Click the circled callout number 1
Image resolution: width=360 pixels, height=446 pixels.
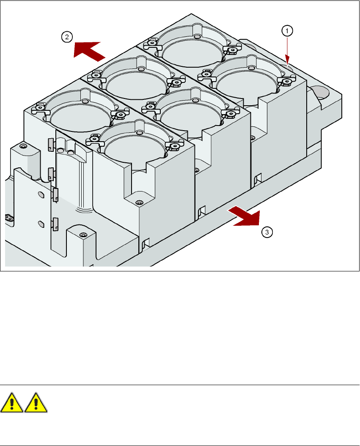[x=287, y=31]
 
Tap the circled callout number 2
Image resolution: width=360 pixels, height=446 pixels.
[x=67, y=37]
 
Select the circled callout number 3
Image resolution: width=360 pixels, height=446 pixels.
[x=267, y=232]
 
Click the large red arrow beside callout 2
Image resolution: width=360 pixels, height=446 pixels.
[x=89, y=51]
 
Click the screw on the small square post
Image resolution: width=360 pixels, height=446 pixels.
[x=83, y=235]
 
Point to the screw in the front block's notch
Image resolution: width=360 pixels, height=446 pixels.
[x=139, y=203]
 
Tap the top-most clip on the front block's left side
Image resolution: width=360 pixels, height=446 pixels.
[x=51, y=144]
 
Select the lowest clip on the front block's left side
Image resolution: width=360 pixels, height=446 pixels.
[x=55, y=224]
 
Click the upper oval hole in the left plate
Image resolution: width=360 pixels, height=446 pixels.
[x=41, y=194]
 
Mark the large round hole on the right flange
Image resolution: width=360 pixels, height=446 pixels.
[x=322, y=93]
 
